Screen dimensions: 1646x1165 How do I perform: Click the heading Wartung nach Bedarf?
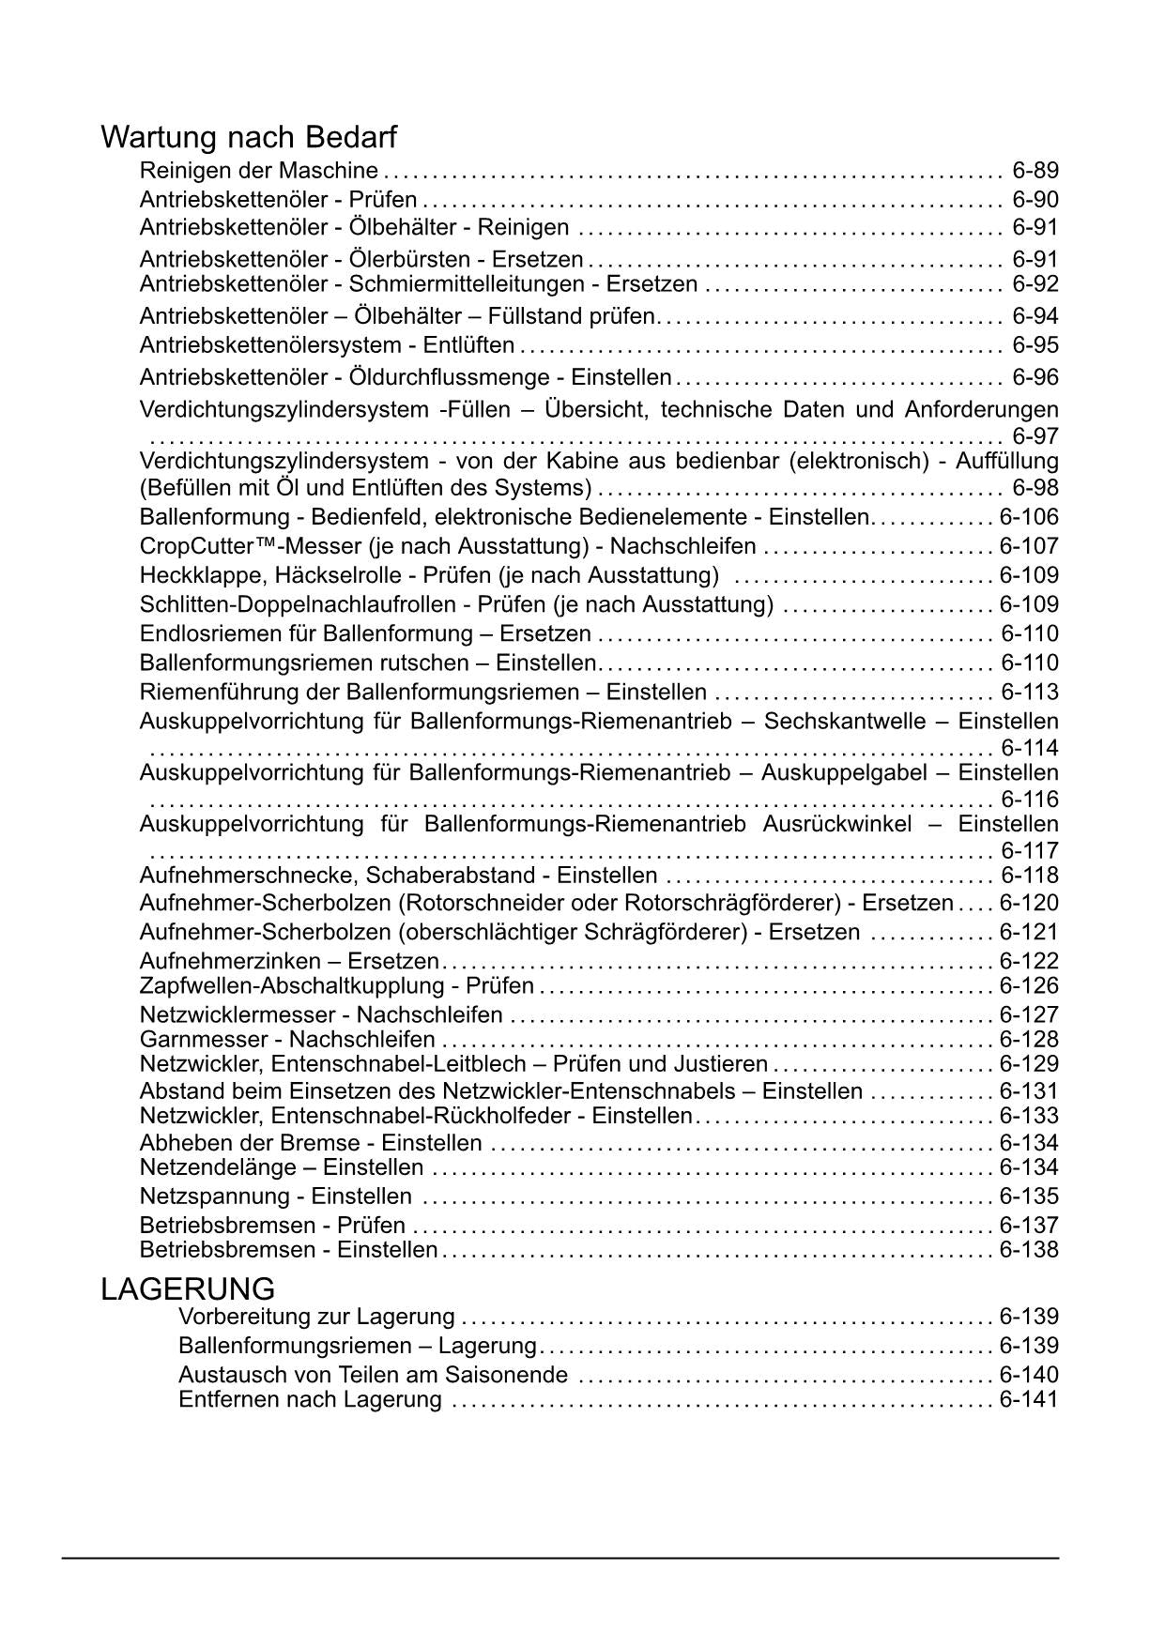249,138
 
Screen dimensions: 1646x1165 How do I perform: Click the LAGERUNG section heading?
188,1288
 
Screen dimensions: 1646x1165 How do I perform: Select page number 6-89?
1035,171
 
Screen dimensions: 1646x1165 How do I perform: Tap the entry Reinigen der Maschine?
258,171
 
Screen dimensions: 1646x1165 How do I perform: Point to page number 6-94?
1035,316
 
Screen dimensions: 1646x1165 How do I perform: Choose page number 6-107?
1029,546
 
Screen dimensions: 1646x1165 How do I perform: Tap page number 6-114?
1029,748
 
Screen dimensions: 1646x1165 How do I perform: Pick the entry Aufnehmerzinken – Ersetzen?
289,961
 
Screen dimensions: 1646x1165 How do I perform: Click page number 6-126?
1029,986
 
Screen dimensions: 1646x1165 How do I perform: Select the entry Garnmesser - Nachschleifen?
287,1040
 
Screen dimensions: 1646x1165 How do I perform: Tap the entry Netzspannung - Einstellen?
275,1196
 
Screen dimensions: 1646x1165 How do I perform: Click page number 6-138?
1029,1250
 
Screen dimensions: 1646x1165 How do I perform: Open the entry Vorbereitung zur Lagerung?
316,1317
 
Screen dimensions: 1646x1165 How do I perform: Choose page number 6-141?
1029,1400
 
